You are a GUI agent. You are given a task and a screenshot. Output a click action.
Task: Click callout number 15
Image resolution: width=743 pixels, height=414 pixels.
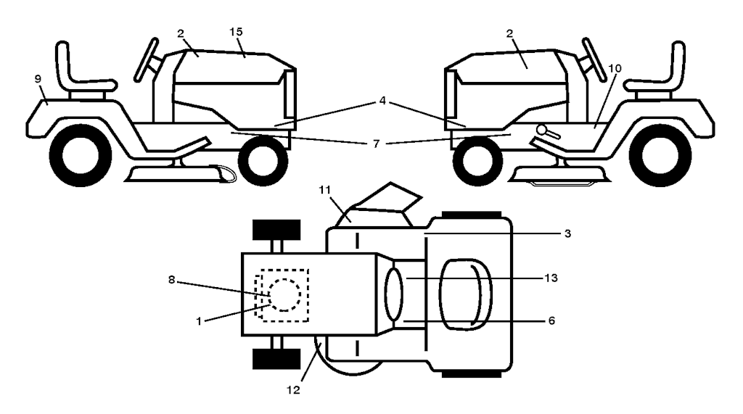tap(236, 32)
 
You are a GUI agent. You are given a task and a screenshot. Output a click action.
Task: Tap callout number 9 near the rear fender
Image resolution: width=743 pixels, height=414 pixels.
tap(38, 79)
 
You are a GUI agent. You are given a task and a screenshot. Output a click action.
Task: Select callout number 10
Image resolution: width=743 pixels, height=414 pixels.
tap(615, 69)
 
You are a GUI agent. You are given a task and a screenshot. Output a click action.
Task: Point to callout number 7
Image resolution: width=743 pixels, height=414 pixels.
tap(377, 143)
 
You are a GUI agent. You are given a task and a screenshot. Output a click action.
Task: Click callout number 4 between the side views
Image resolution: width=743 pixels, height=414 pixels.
tap(382, 101)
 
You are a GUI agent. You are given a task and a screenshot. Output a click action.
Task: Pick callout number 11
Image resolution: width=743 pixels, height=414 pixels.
tap(324, 190)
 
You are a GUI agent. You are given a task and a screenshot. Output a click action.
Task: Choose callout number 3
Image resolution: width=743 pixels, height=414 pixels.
tap(567, 233)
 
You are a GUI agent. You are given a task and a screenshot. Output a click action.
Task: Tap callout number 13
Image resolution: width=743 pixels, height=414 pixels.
tap(551, 278)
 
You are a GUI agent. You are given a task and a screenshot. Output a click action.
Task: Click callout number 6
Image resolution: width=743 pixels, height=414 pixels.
tap(551, 321)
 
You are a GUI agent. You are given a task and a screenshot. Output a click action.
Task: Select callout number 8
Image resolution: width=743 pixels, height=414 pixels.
tap(171, 280)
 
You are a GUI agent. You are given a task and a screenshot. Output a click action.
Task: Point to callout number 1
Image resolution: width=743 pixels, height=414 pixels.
tap(199, 322)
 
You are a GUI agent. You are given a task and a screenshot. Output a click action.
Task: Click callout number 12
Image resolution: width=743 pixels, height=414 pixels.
tap(293, 390)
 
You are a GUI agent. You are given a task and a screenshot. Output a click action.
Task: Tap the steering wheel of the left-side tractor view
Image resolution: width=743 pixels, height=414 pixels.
tap(146, 59)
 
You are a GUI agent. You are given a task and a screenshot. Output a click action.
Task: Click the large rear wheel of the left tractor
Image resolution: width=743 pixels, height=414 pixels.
tap(80, 154)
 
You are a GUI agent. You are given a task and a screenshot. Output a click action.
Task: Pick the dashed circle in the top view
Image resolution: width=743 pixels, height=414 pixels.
tap(284, 294)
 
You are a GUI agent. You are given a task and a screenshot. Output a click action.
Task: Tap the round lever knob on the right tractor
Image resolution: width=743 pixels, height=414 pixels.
tap(541, 129)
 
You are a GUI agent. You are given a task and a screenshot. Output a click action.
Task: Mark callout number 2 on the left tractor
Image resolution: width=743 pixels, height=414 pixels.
tap(181, 33)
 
